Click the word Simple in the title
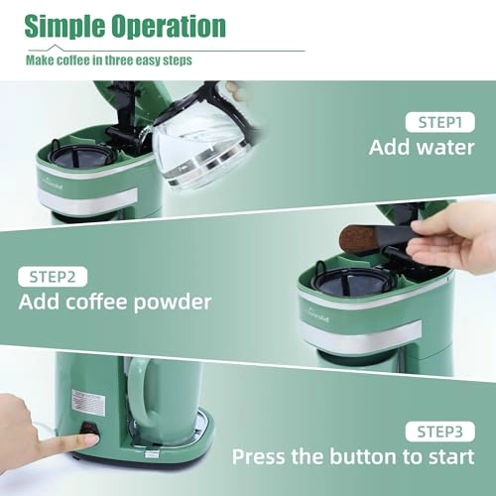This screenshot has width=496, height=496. (70, 26)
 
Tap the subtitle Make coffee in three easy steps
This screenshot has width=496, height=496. (108, 61)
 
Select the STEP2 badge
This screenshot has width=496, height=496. (53, 276)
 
